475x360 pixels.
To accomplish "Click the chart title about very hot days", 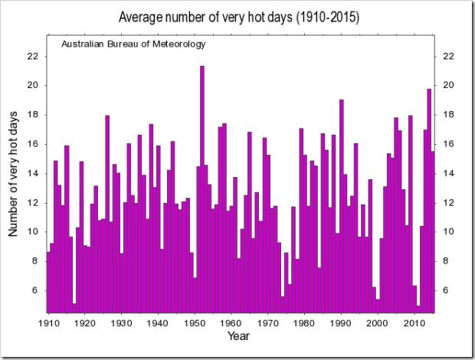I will pos(237,17).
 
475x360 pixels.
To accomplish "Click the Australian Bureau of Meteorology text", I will pos(133,44).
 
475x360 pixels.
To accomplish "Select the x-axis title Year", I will pos(237,335).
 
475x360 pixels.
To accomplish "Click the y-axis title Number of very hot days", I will pos(14,173).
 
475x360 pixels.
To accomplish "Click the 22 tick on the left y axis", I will pos(32,56).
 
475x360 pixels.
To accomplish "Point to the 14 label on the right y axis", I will pos(449,173).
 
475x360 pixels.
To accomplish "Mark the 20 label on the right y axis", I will pos(449,85).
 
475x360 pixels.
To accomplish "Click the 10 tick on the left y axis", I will pos(32,232).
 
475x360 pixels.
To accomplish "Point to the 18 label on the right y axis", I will pos(449,115).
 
